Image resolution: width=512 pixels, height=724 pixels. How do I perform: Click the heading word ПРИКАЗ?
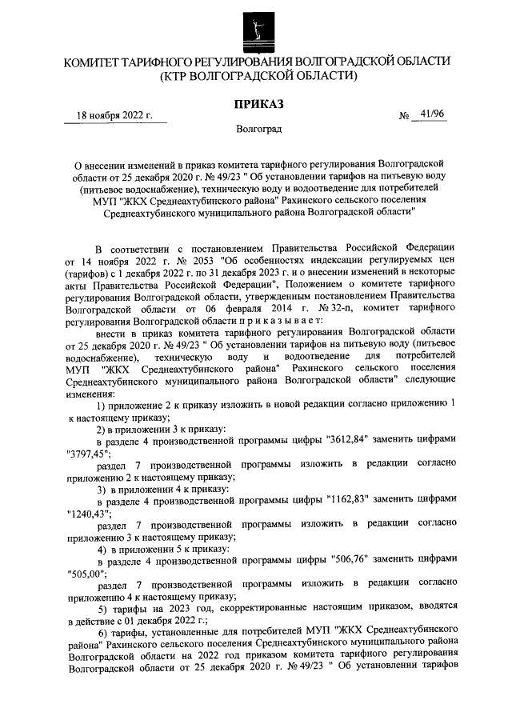pyautogui.click(x=255, y=103)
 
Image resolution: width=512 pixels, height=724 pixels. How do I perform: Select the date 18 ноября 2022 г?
pyautogui.click(x=114, y=115)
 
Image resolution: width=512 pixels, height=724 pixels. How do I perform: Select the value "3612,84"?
pyautogui.click(x=351, y=439)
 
